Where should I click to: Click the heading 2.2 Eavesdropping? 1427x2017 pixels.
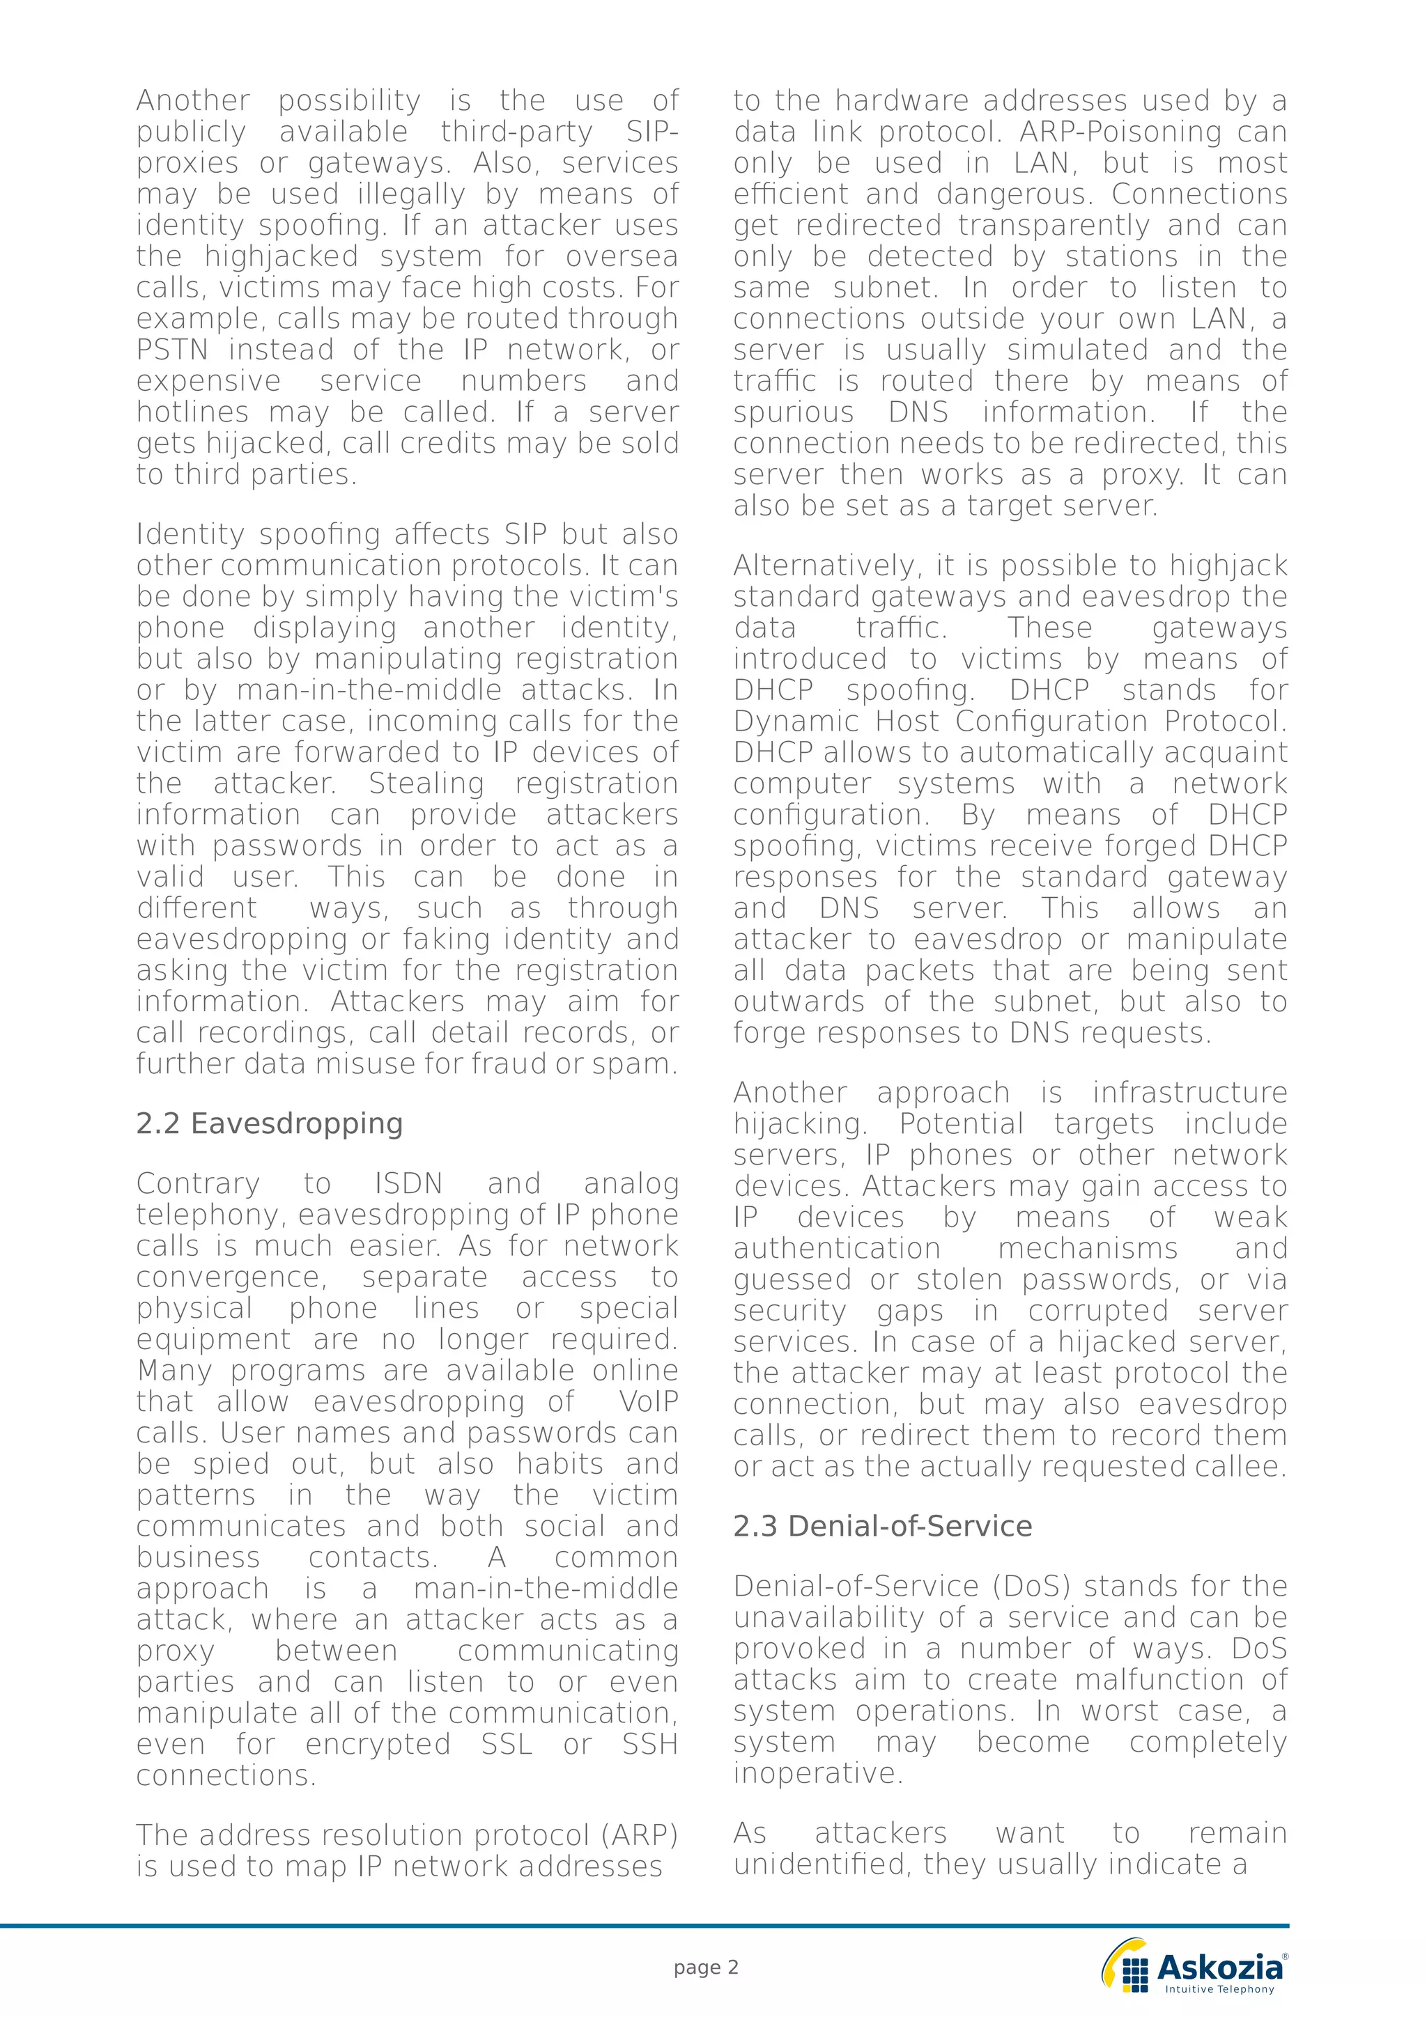269,1123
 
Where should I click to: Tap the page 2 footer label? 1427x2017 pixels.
706,1967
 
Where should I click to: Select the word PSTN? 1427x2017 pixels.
172,350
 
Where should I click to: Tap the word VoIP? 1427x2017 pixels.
649,1401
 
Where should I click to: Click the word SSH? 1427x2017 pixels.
649,1744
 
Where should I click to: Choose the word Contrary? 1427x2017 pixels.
198,1183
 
